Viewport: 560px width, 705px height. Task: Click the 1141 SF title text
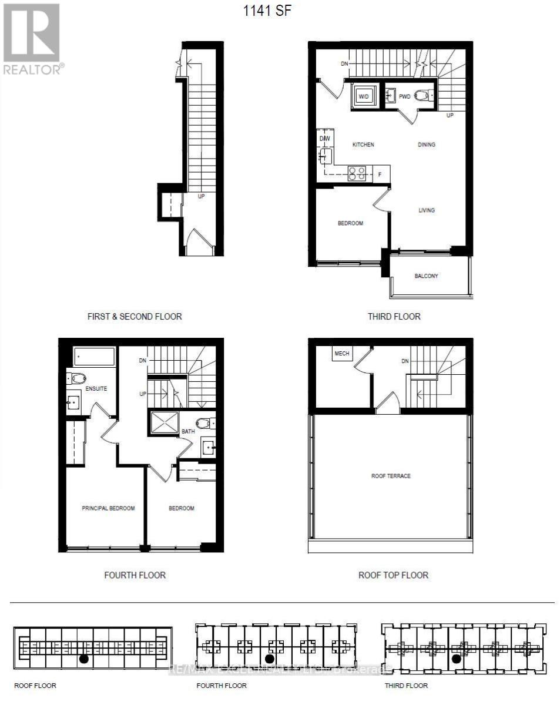point(267,10)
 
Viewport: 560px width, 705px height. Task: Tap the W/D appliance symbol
point(364,96)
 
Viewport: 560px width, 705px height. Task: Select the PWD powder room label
point(404,96)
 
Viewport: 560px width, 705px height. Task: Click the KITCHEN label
point(363,145)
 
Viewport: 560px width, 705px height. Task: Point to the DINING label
point(427,145)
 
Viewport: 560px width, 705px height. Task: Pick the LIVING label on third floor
point(427,210)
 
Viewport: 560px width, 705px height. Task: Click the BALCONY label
point(426,276)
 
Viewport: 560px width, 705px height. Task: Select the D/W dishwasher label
point(324,139)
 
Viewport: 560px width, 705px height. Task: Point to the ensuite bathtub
point(94,357)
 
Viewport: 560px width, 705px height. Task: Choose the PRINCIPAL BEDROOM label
point(108,508)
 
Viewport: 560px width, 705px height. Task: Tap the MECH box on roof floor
point(341,354)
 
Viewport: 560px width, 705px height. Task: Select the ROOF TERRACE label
point(391,476)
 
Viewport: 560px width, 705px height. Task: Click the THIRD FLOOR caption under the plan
point(394,316)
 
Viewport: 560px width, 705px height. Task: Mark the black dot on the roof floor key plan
point(84,659)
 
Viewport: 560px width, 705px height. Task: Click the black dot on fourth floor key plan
point(270,659)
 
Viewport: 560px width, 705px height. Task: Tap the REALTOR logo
point(32,39)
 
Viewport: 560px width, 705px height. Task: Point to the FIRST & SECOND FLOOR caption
point(135,316)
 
